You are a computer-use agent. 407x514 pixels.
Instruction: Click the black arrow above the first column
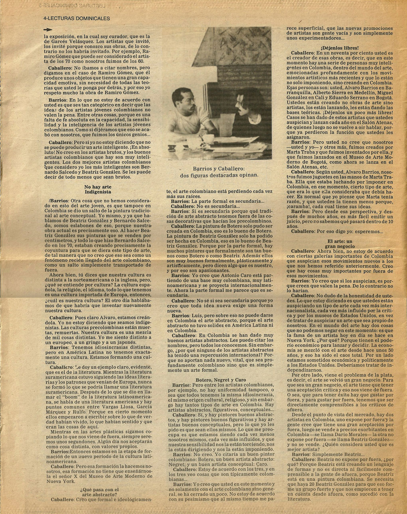49,29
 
